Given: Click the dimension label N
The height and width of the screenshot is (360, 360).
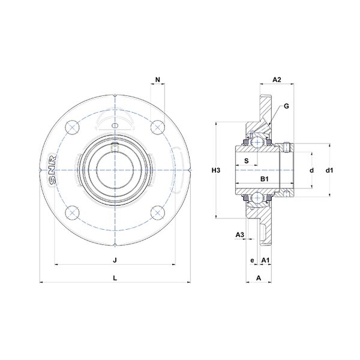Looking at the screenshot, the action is (157, 80).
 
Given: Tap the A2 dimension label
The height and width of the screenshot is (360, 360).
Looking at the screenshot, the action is (277, 80).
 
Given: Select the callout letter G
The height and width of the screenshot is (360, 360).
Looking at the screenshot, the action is (286, 106).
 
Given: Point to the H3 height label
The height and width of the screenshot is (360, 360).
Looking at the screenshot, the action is (216, 170).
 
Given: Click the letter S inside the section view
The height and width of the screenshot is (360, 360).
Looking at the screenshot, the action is (247, 161).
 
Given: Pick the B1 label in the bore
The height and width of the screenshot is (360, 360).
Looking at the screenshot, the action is (264, 179).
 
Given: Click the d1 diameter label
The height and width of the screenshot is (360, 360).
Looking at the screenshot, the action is (329, 170).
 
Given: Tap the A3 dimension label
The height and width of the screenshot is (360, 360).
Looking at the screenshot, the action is (239, 235).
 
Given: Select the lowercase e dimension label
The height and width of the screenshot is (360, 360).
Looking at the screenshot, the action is (252, 260).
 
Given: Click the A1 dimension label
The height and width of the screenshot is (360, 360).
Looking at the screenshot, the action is (265, 260).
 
